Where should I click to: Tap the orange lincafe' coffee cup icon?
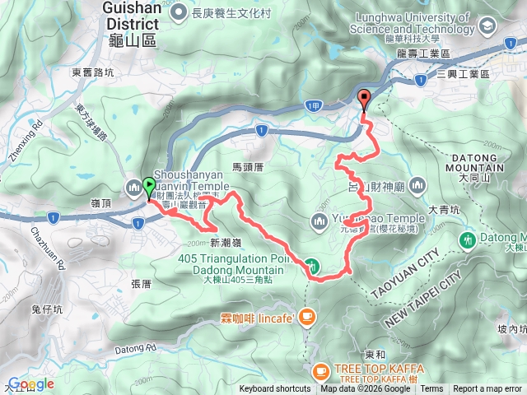(x=306, y=315)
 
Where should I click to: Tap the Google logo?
(x=31, y=383)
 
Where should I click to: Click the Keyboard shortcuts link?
(x=275, y=389)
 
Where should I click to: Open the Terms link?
(x=431, y=389)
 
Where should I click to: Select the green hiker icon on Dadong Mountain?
(x=313, y=265)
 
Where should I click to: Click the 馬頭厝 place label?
(x=247, y=167)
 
